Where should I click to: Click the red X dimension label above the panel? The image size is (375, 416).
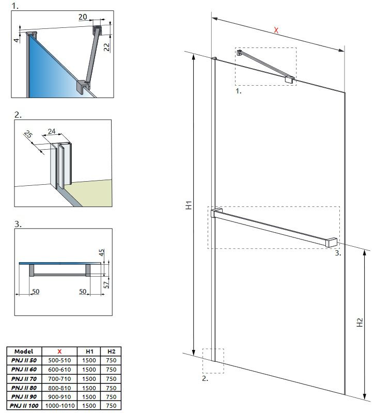click(276, 30)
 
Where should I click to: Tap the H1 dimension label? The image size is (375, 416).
click(190, 205)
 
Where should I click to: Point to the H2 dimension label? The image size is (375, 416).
click(360, 324)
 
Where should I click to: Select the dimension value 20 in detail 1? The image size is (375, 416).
click(83, 17)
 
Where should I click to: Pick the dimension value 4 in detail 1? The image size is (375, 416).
click(16, 39)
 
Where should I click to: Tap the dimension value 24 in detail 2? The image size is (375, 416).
click(52, 132)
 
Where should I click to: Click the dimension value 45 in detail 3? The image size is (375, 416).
click(102, 253)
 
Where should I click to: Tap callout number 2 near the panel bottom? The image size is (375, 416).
click(205, 378)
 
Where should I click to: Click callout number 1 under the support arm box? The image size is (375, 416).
click(238, 90)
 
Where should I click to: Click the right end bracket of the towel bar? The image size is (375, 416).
click(331, 242)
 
